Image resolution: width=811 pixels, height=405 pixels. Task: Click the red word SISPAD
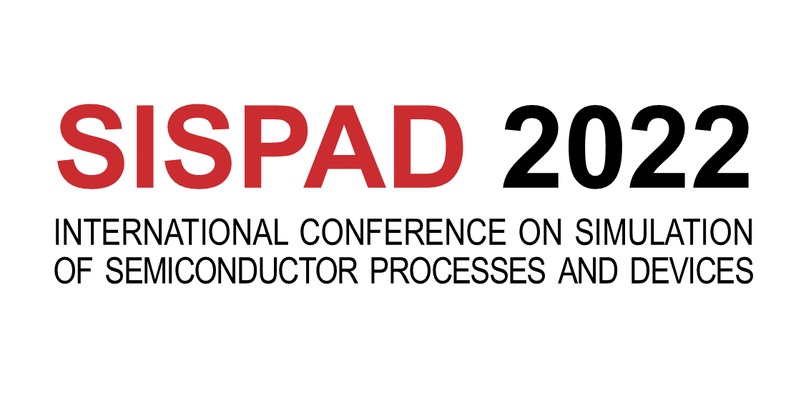[260, 146]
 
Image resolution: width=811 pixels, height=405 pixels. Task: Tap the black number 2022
[626, 146]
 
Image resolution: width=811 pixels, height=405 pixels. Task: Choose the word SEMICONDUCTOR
[232, 270]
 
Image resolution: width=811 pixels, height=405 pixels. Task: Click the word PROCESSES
[458, 270]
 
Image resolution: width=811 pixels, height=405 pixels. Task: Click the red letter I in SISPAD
[145, 146]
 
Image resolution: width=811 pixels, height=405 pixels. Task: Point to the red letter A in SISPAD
[344, 146]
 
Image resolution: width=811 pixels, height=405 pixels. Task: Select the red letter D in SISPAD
[428, 146]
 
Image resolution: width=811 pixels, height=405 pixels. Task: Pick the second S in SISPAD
[199, 146]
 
